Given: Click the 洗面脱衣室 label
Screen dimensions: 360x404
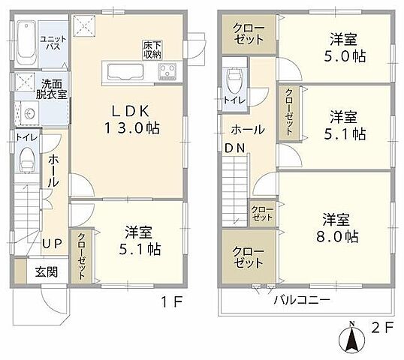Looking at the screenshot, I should coord(54,89).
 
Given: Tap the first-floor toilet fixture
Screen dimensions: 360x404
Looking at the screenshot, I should coord(28,159).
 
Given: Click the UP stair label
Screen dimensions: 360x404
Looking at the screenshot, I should coord(51,244).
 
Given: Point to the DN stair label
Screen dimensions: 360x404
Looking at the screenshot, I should coord(234,148).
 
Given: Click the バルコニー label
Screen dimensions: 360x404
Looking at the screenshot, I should coord(301,299).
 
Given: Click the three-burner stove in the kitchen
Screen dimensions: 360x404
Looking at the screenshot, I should coord(167,73).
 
